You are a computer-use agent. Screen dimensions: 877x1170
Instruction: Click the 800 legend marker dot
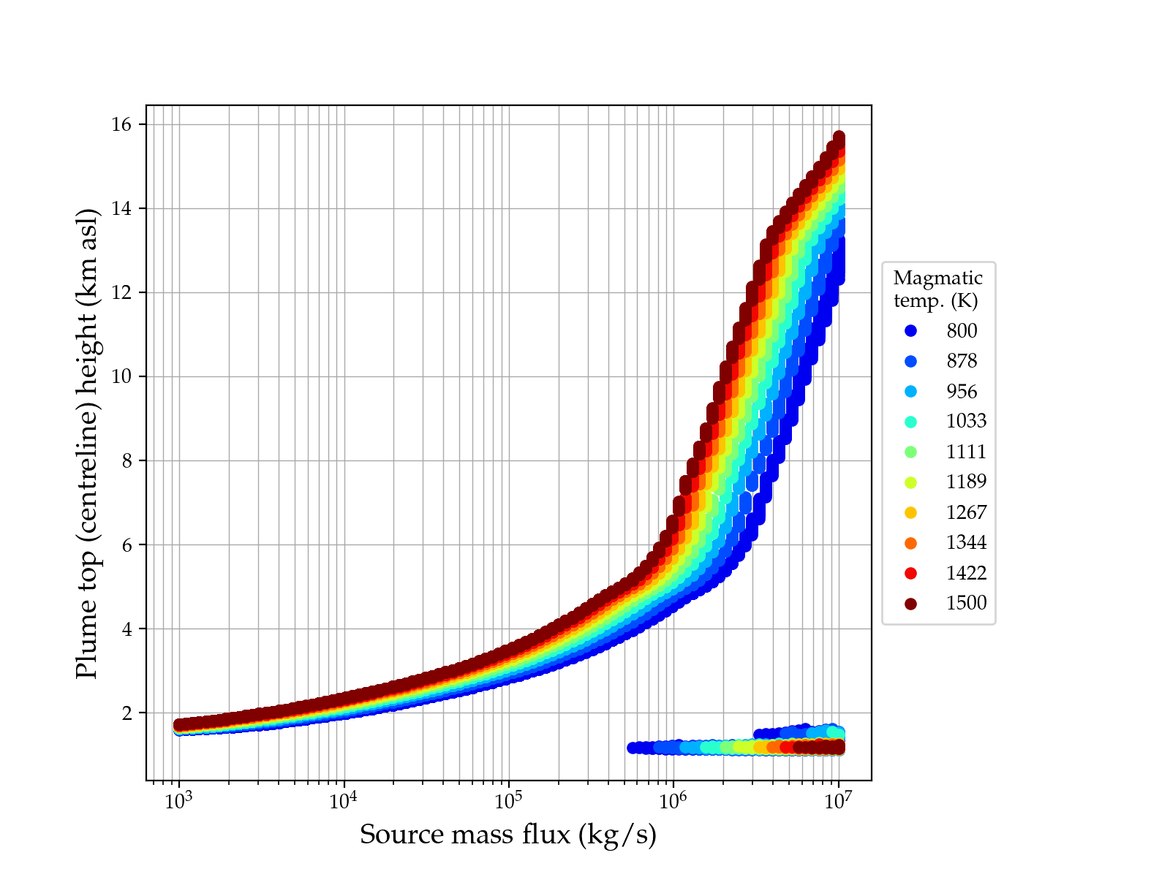pyautogui.click(x=910, y=331)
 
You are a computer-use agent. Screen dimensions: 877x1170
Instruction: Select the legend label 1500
pyautogui.click(x=966, y=603)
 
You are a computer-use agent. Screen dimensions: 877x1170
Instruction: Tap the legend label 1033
pyautogui.click(x=966, y=422)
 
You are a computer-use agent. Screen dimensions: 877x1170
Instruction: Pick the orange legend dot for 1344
pyautogui.click(x=910, y=543)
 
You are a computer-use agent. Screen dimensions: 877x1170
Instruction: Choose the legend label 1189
pyautogui.click(x=966, y=482)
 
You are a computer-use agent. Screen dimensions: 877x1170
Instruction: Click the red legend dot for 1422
pyautogui.click(x=910, y=573)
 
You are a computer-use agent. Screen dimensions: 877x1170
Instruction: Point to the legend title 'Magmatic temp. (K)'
pyautogui.click(x=938, y=289)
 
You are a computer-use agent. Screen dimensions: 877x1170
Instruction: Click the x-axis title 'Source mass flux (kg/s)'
pyautogui.click(x=508, y=835)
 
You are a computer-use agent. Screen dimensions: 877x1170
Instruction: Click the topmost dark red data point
pyautogui.click(x=839, y=137)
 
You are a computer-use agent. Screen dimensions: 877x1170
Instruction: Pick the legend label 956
pyautogui.click(x=962, y=392)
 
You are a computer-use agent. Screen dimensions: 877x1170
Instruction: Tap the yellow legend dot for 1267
pyautogui.click(x=910, y=512)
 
